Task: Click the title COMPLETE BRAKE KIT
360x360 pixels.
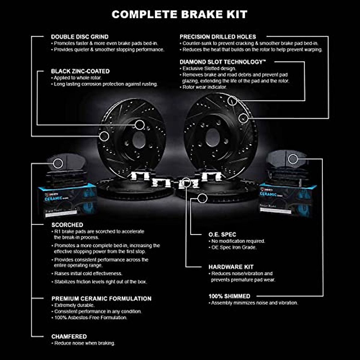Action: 179,14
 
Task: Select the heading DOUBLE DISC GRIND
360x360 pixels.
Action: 79,37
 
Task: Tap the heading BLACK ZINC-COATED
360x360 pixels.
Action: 80,71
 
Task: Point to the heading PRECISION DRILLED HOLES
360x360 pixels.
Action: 218,37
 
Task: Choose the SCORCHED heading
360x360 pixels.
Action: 67,225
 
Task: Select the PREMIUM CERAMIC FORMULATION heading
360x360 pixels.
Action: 101,298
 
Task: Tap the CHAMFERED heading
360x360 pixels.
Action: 69,337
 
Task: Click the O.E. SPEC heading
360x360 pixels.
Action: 222,235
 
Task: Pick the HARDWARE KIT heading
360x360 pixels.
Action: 231,267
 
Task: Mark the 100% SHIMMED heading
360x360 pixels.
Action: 229,296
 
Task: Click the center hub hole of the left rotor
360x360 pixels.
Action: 139,140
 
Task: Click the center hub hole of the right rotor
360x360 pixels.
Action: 212,138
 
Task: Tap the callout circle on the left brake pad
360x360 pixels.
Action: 58,163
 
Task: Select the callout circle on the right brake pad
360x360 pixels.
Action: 293,159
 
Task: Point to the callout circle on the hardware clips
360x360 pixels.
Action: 186,182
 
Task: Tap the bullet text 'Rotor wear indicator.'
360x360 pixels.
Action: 205,87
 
